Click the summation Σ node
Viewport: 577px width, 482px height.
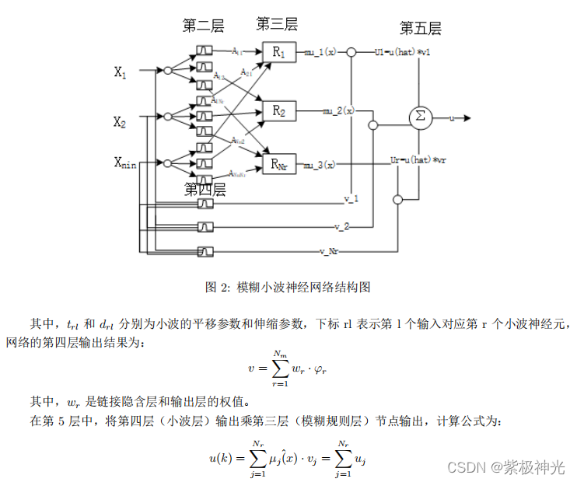click(x=420, y=117)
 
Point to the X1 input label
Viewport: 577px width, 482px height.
click(x=121, y=72)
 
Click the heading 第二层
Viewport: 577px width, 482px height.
click(x=203, y=26)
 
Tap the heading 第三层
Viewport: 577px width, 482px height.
click(x=276, y=24)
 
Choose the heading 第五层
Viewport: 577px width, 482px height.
click(x=420, y=29)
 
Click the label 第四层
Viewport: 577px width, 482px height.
click(x=205, y=189)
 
